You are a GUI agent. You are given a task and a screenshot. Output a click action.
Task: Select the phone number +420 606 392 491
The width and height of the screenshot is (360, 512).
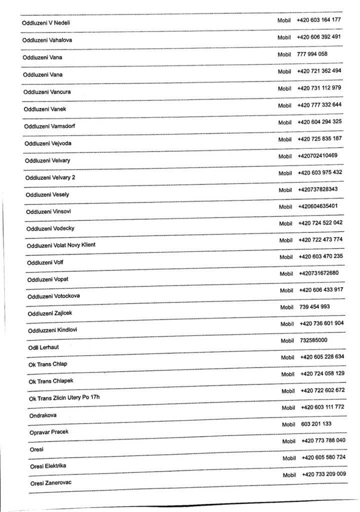coord(319,37)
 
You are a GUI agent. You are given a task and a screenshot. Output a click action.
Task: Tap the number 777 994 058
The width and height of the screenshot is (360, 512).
coord(312,54)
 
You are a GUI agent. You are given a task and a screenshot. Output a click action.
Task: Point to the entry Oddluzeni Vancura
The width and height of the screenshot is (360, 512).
coord(47,92)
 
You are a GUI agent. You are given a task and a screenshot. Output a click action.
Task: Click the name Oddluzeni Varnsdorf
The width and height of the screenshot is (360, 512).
coord(49,126)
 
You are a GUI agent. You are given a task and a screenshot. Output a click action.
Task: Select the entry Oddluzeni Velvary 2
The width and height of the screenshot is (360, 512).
coord(50,177)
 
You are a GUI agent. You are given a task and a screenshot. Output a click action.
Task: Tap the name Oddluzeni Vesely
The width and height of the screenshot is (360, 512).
coord(47,194)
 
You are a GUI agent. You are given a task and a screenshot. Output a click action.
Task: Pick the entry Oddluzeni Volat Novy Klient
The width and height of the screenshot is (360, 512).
coord(60,245)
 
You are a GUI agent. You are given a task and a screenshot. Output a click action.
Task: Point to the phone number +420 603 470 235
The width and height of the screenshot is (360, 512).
coord(320,256)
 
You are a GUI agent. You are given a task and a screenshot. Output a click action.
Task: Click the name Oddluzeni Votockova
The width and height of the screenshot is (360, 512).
coord(53,296)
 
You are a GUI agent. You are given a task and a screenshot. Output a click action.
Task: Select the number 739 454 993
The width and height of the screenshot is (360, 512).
coord(314,306)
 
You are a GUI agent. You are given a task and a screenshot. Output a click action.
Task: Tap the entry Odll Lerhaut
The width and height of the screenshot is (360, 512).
coord(43,346)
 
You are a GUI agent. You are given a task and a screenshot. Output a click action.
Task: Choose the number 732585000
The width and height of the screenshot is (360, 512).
coord(314,340)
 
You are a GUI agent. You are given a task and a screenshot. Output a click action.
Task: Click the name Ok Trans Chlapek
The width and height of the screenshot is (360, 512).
coord(51,381)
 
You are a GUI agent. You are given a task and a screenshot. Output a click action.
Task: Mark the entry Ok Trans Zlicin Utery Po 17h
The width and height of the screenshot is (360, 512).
coord(64,398)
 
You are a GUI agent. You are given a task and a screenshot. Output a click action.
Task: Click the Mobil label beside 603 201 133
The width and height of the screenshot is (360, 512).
coord(288,424)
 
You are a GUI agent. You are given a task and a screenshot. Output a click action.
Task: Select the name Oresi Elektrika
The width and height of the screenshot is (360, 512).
coord(48,466)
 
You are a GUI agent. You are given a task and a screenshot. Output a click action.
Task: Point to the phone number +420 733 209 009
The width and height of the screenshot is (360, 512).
coord(324,474)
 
